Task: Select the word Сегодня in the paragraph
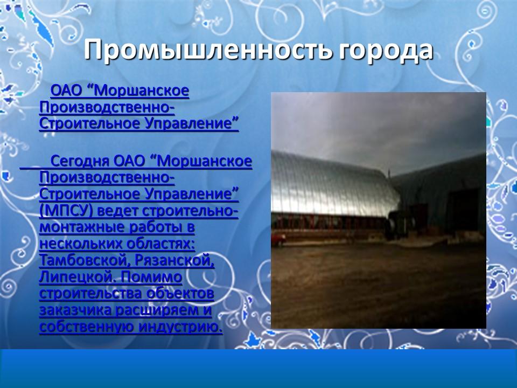80,161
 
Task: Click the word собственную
86,327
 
